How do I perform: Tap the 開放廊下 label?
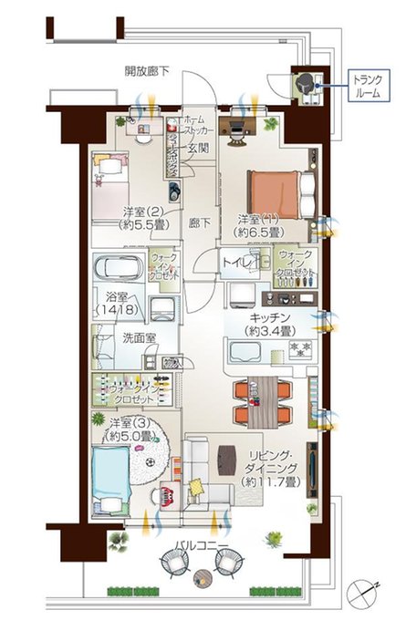point(147,71)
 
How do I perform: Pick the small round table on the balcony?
point(203,574)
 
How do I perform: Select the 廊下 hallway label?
point(199,222)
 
